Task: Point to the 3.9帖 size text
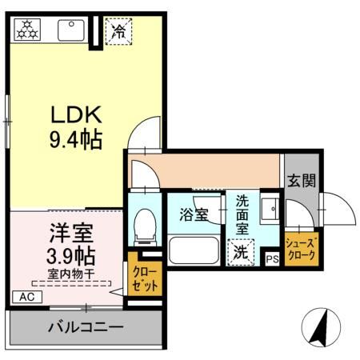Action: pyautogui.click(x=69, y=257)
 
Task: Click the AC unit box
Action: pyautogui.click(x=26, y=295)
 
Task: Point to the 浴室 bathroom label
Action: pyautogui.click(x=194, y=215)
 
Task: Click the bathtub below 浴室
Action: pyautogui.click(x=194, y=254)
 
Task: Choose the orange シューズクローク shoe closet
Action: pyautogui.click(x=302, y=250)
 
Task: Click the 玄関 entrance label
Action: pyautogui.click(x=301, y=180)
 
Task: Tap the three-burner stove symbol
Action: pyautogui.click(x=30, y=30)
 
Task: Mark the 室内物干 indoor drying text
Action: pyautogui.click(x=70, y=274)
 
